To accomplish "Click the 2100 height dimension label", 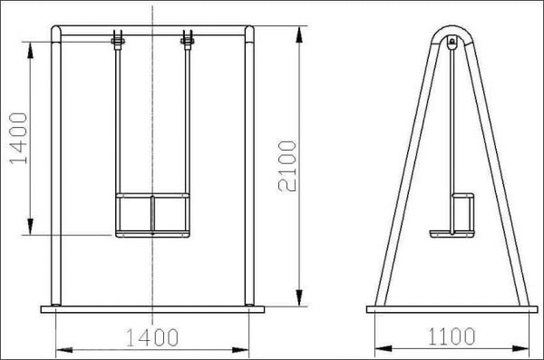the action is (x=287, y=166).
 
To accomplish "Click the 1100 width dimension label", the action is (x=452, y=336).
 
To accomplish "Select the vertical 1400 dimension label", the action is (x=18, y=138).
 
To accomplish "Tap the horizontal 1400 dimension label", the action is (x=152, y=337).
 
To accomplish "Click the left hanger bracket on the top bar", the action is (x=118, y=40).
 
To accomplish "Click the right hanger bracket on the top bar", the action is (x=188, y=40).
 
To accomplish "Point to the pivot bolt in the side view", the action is (x=452, y=42).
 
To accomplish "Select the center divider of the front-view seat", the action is (x=152, y=213).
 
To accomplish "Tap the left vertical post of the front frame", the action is (x=56, y=166).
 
